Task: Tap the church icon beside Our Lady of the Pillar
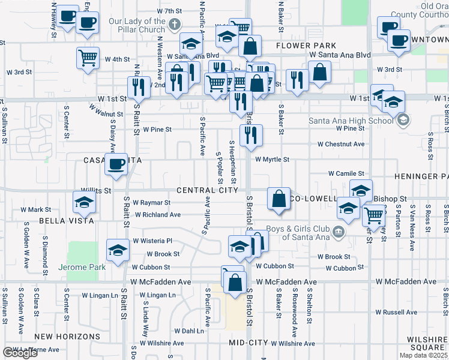tap(174, 25)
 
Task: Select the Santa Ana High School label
tap(351, 120)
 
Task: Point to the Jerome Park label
tap(82, 266)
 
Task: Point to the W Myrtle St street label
tap(272, 160)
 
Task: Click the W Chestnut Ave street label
tap(341, 144)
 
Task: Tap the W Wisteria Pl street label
tap(152, 241)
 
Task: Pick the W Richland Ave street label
tap(157, 214)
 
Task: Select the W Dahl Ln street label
tap(189, 331)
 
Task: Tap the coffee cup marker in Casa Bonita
tap(116, 164)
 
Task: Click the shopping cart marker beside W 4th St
tap(88, 58)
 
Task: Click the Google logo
tap(20, 353)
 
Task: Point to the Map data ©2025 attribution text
tap(423, 355)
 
